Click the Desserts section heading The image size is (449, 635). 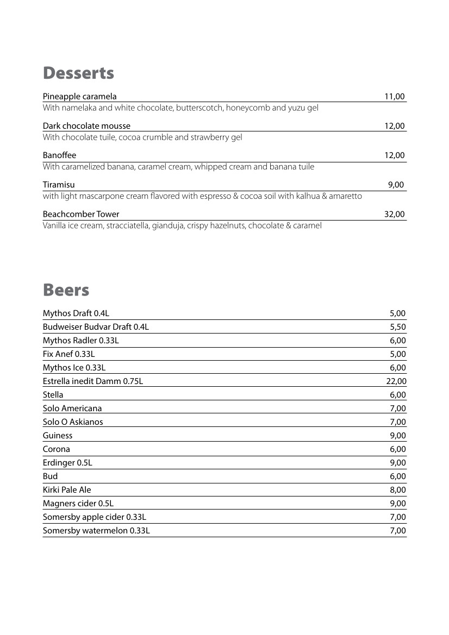[78, 73]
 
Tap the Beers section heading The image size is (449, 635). [66, 290]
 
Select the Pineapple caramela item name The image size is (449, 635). [79, 97]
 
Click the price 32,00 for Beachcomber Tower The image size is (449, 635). [394, 214]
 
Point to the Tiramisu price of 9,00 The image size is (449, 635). [396, 185]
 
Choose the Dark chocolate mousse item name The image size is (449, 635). [86, 126]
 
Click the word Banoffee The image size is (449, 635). [59, 155]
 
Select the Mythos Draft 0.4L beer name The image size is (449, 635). [76, 313]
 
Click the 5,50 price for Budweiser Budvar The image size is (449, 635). [397, 327]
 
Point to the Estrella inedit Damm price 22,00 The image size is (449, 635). [396, 381]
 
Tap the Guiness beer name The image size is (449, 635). [57, 436]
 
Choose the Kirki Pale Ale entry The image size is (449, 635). [67, 490]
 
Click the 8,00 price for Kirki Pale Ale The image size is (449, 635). [397, 490]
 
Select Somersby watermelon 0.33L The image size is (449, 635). [96, 531]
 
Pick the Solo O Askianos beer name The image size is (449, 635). [73, 422]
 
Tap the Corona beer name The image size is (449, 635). [56, 449]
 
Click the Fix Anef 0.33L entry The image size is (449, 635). [68, 354]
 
